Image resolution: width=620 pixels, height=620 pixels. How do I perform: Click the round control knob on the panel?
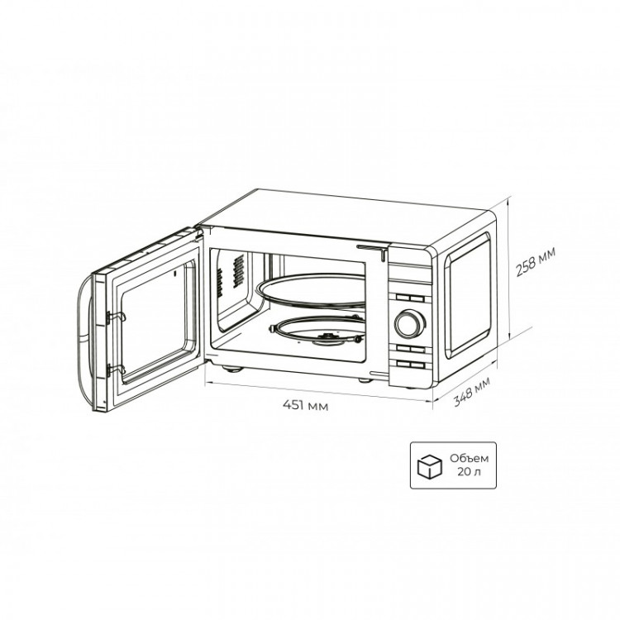406,322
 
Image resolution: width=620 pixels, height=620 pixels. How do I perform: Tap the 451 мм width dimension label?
304,405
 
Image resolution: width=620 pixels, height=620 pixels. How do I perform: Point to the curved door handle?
83,339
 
